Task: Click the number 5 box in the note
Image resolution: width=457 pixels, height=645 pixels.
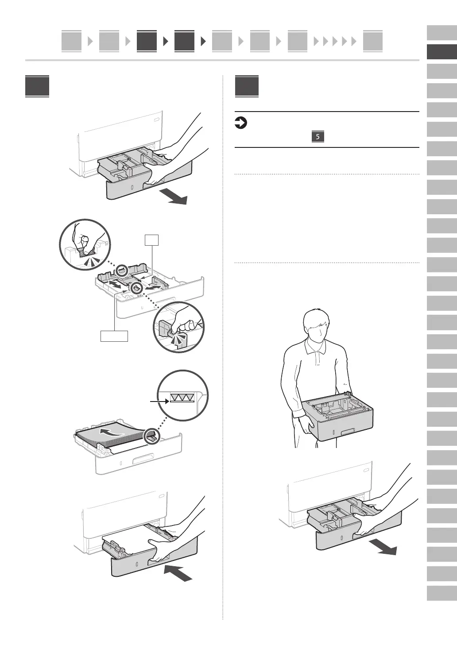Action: [318, 136]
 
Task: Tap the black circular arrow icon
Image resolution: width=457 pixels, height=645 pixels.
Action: [240, 123]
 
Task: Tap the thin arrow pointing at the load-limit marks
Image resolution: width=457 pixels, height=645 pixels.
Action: [159, 401]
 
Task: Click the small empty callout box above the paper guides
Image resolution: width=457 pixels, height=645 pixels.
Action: [151, 240]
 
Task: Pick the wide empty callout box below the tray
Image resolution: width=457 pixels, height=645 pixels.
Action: [114, 336]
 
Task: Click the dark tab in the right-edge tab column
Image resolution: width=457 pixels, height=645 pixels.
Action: [442, 52]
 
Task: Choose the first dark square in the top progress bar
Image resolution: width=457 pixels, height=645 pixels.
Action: [147, 41]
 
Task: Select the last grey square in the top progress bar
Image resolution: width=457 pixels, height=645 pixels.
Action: [372, 41]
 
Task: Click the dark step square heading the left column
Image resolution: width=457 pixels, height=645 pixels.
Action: [37, 86]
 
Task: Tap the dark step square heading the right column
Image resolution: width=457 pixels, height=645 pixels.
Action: [247, 86]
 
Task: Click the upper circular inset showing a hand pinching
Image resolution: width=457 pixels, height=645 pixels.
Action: [85, 244]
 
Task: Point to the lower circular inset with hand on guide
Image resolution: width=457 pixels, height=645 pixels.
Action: [179, 327]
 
